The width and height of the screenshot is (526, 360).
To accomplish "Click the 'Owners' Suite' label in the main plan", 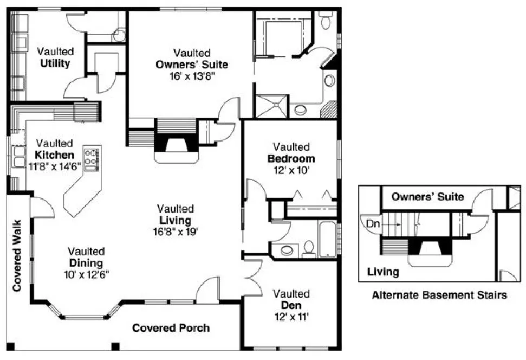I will click(x=192, y=65).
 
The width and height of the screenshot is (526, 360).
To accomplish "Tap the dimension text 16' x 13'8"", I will click(x=192, y=76).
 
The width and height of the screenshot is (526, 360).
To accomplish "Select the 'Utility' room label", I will click(x=55, y=63).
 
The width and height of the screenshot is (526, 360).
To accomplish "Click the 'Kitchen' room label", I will click(x=55, y=155).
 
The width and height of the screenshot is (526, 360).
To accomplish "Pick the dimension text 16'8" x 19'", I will click(x=176, y=232).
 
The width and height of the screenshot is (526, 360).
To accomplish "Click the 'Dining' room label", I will click(x=86, y=263).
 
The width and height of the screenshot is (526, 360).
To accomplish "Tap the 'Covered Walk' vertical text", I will click(x=17, y=255).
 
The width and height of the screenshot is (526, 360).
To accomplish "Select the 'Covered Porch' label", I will click(x=171, y=328).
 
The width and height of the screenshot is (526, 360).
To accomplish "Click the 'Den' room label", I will click(x=291, y=306).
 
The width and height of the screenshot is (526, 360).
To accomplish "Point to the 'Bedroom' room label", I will click(x=291, y=159).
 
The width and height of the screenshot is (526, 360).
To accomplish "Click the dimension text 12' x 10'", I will click(x=291, y=170).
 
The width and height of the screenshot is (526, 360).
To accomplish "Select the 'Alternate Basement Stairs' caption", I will click(x=439, y=295).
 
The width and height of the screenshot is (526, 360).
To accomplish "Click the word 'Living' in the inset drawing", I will click(x=383, y=271).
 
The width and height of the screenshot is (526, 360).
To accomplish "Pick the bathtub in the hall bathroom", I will click(x=328, y=239).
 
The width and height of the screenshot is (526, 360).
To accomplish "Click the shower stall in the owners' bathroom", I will click(x=272, y=105).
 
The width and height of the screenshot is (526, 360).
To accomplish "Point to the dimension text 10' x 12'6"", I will click(x=86, y=274).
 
